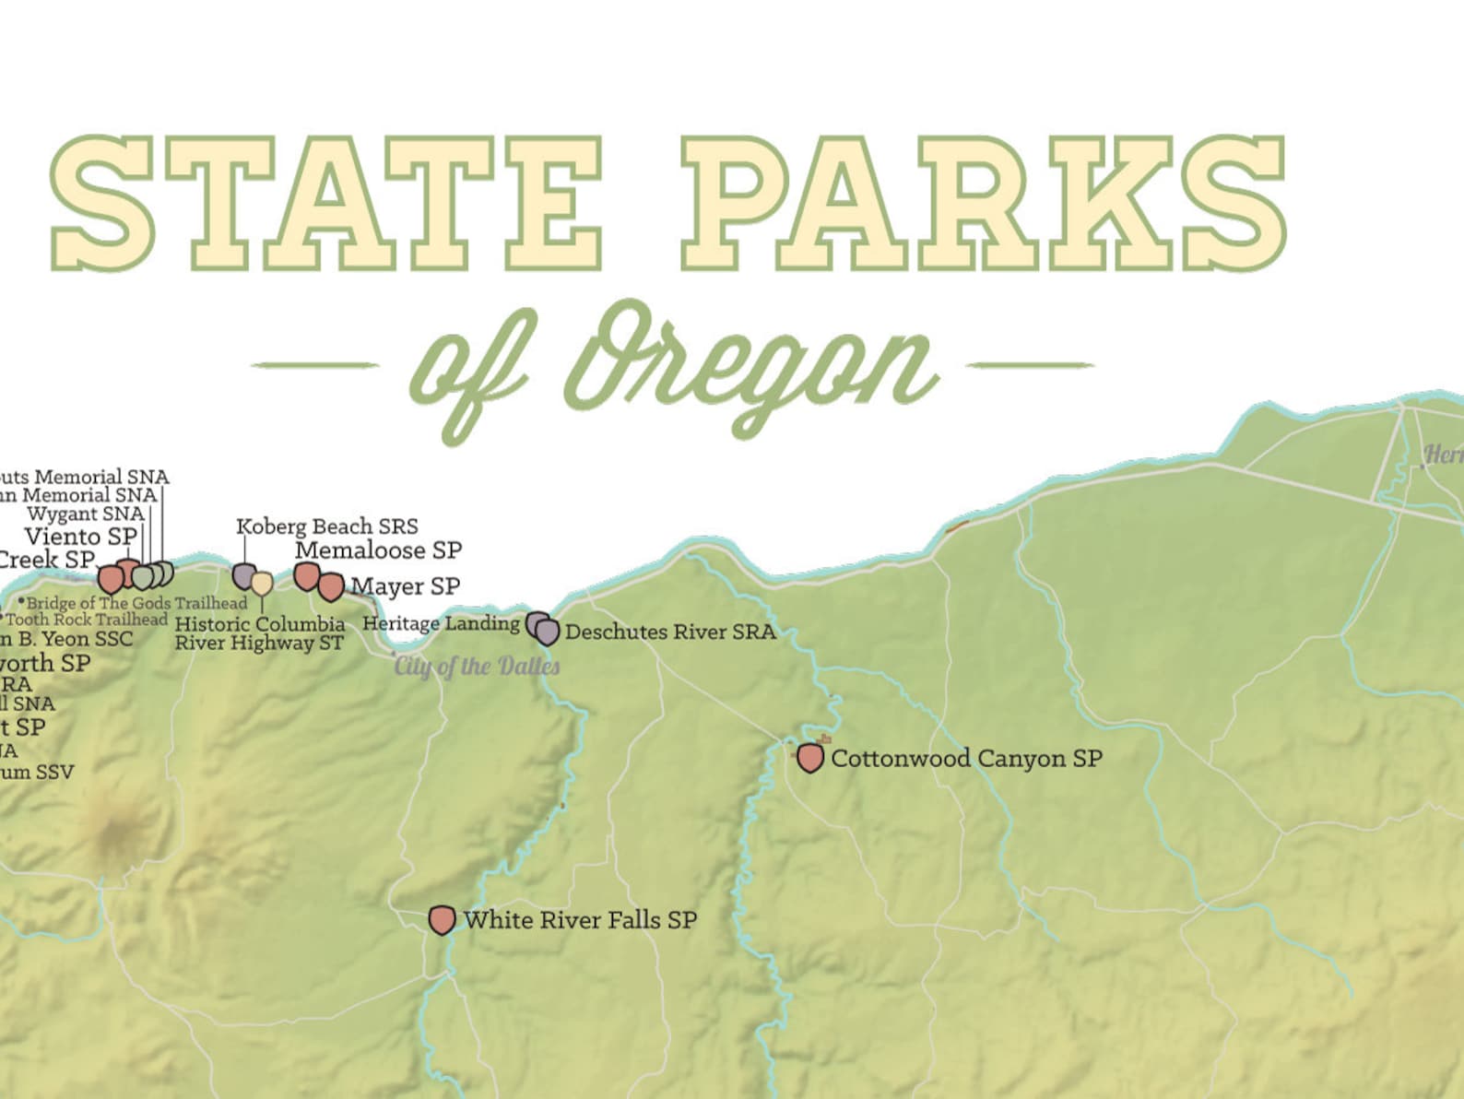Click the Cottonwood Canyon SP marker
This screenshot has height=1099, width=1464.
[x=809, y=758]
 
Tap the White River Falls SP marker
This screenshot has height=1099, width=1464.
[x=443, y=919]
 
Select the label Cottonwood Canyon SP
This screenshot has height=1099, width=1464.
[x=966, y=759]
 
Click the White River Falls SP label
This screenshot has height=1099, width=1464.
[x=580, y=919]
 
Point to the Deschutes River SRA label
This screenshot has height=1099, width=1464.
[x=670, y=632]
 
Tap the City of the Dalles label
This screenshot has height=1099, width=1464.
[x=477, y=666]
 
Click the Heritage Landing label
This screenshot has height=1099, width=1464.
[x=441, y=623]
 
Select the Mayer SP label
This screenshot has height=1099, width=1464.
[x=405, y=586]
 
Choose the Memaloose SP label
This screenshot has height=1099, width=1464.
[x=378, y=550]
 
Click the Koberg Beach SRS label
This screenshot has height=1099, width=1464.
[x=327, y=526]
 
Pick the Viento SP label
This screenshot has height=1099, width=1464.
[x=81, y=536]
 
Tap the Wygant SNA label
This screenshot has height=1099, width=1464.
[x=86, y=514]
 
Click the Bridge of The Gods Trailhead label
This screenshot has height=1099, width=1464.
[x=136, y=603]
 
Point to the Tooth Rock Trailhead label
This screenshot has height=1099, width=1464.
[x=87, y=620]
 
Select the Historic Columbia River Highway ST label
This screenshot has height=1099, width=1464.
[x=260, y=633]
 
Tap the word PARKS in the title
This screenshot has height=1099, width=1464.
[x=983, y=203]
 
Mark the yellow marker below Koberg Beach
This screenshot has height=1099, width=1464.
[x=262, y=584]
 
